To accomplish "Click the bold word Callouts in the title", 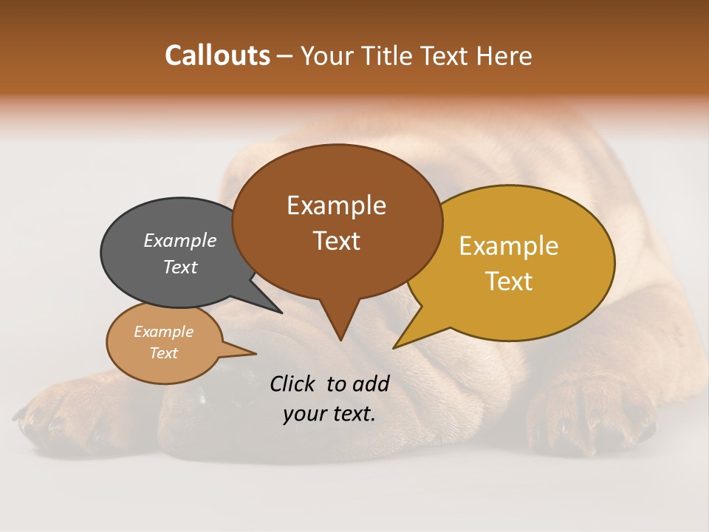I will point(217,55).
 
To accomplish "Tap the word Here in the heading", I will point(504,55).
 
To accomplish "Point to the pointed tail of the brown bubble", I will point(340,325).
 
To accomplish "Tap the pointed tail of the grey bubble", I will point(270,303).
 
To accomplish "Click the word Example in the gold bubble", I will point(508,246).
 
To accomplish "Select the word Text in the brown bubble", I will point(337,241).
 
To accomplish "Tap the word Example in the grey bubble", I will point(179,240).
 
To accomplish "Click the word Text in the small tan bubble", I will point(164,353).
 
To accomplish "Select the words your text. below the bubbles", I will point(329,414).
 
